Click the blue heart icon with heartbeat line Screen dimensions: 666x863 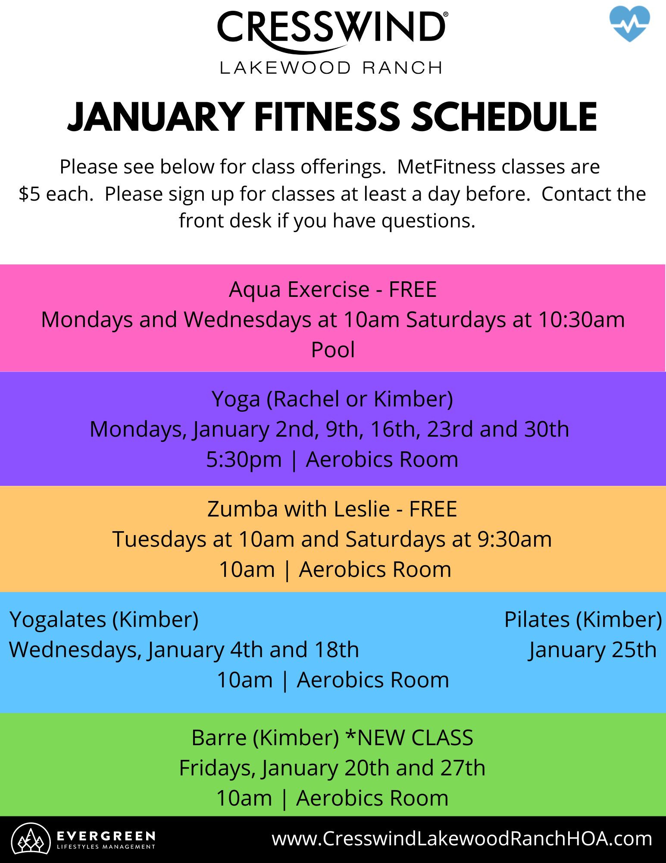click(x=630, y=24)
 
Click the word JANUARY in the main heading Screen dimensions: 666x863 click(x=156, y=117)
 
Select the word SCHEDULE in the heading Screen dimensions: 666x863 click(x=504, y=117)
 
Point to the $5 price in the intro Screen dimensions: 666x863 click(x=30, y=194)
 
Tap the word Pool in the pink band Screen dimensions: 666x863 click(x=333, y=350)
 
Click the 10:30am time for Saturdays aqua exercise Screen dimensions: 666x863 click(x=582, y=320)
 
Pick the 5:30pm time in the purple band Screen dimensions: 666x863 click(x=244, y=460)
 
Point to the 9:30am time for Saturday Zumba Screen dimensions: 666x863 click(x=514, y=539)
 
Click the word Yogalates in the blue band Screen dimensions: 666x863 click(x=58, y=620)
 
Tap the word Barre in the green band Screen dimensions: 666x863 click(x=219, y=738)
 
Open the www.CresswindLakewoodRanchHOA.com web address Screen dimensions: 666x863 click(x=462, y=839)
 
